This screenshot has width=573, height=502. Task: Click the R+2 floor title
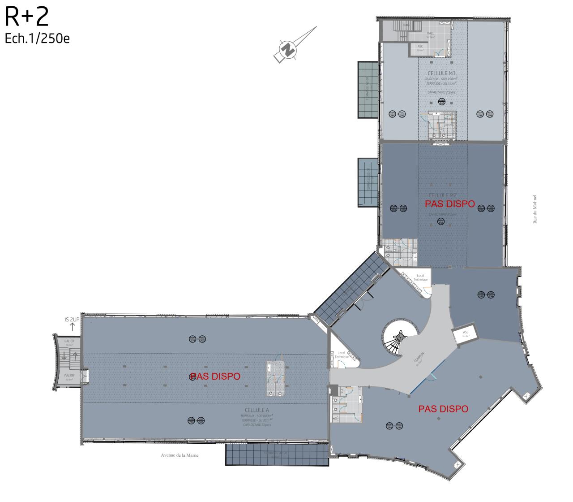pos(26,17)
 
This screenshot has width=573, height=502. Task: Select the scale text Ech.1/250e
pos(37,39)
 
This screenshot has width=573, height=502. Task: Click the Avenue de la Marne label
pos(180,455)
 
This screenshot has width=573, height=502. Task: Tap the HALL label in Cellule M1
pos(430,33)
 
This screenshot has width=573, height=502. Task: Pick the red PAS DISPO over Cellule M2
pos(449,204)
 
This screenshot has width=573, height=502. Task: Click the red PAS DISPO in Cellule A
pos(215,376)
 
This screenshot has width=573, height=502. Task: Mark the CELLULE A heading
pos(257,410)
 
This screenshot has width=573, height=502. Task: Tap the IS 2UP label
pos(72,320)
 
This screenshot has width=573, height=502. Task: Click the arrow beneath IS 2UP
pos(72,327)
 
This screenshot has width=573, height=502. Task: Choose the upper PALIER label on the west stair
pos(69,341)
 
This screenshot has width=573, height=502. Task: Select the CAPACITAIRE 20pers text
pos(439,92)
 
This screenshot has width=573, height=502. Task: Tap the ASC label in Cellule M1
pos(420,47)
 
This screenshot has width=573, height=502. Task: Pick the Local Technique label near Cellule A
pos(342,355)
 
